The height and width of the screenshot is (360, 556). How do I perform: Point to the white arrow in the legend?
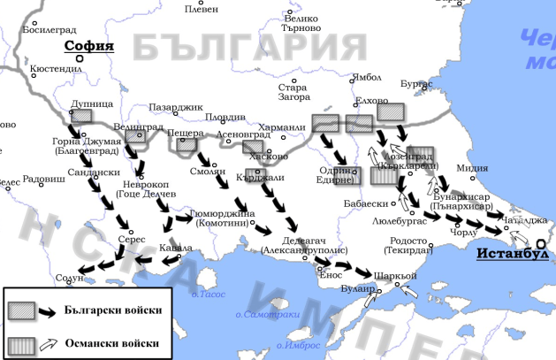[51, 342]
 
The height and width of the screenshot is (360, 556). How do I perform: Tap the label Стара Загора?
[292, 93]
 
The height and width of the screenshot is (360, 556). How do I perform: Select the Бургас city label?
[416, 83]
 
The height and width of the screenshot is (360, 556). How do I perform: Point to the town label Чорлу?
[462, 232]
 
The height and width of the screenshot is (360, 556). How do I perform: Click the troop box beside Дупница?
[82, 115]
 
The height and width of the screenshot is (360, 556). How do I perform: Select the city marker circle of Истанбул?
[540, 243]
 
